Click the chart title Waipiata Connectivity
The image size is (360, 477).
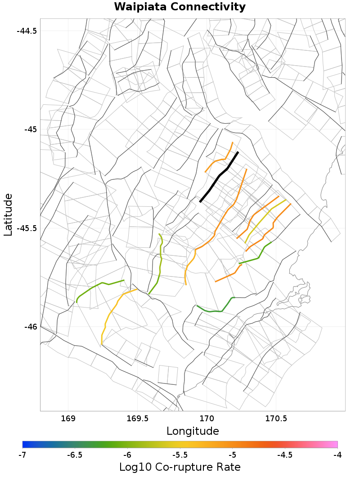pyautogui.click(x=180, y=7)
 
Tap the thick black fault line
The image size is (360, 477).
pyautogui.click(x=219, y=177)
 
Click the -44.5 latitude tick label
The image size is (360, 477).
pyautogui.click(x=27, y=31)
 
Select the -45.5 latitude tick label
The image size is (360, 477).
pyautogui.click(x=27, y=228)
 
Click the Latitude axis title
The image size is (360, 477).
pyautogui.click(x=8, y=214)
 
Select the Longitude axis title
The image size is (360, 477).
pyautogui.click(x=193, y=431)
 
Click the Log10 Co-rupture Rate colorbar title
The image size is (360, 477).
pyautogui.click(x=180, y=467)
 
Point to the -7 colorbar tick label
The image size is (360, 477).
pyautogui.click(x=22, y=455)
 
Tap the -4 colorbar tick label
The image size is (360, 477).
pyautogui.click(x=337, y=455)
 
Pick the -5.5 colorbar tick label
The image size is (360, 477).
pyautogui.click(x=180, y=455)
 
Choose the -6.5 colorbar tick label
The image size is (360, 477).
pyautogui.click(x=75, y=455)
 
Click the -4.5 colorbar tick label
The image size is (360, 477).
pyautogui.click(x=285, y=455)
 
